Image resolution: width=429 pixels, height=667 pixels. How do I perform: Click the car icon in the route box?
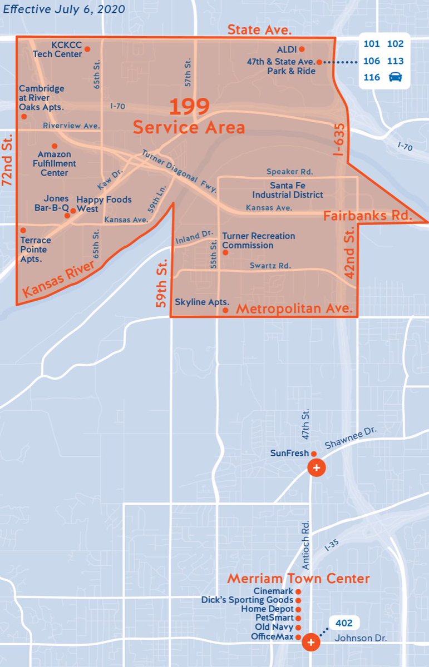point(395,77)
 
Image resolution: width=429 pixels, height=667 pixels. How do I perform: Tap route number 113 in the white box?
point(395,61)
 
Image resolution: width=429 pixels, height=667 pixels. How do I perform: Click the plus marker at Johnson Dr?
point(311,643)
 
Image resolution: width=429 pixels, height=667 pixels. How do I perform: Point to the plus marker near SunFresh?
point(317,468)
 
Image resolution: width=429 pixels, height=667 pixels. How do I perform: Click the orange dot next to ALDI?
point(302,49)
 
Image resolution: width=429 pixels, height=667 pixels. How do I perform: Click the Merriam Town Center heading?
point(298,579)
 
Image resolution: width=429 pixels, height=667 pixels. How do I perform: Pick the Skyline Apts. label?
point(198,302)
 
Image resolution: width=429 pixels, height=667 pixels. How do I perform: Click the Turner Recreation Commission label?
point(258,241)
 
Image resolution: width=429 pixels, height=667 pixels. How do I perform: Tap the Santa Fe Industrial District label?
point(287,190)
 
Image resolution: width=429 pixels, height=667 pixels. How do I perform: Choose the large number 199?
point(189,106)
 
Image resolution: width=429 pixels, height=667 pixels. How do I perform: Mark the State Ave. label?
point(260,29)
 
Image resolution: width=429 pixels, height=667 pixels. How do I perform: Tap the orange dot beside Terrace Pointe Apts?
point(23,230)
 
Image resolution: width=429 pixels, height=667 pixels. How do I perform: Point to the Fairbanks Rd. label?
point(368,215)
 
